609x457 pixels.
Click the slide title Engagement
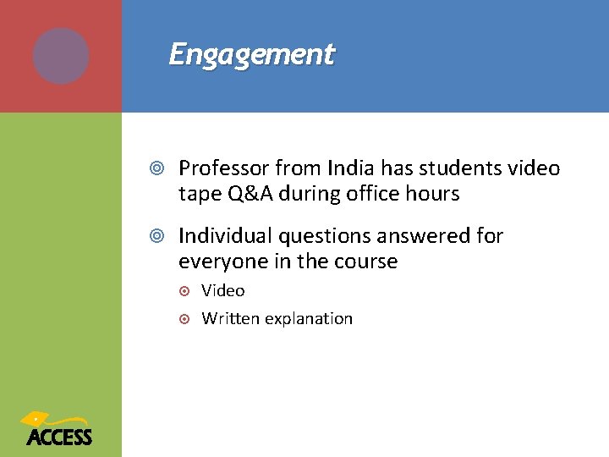click(x=252, y=54)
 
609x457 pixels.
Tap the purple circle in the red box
click(x=61, y=56)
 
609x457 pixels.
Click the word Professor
click(x=222, y=168)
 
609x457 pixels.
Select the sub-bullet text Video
click(x=223, y=291)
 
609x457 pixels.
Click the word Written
click(x=230, y=319)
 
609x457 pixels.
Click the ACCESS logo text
click(x=58, y=437)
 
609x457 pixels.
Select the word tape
click(x=200, y=195)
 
